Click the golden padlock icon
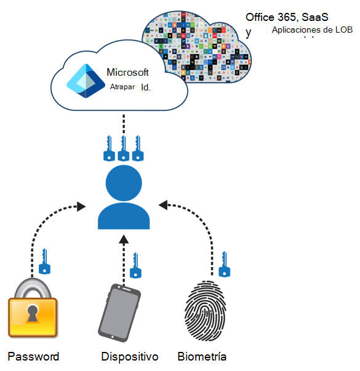click(33, 308)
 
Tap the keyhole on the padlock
click(33, 314)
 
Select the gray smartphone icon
click(119, 313)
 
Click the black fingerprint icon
click(206, 311)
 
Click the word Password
click(33, 357)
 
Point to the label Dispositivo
click(130, 357)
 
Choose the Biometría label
click(202, 357)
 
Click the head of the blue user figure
click(124, 183)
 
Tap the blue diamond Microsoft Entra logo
click(86, 81)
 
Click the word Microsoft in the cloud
click(127, 72)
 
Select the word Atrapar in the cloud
click(122, 87)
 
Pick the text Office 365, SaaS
click(287, 17)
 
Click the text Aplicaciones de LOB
click(312, 30)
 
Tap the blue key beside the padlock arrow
click(44, 261)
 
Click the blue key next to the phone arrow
click(135, 265)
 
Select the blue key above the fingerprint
click(224, 264)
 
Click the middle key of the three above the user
click(124, 148)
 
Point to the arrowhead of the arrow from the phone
click(124, 239)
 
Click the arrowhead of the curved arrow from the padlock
click(81, 207)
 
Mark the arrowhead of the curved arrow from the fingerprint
click(163, 205)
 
